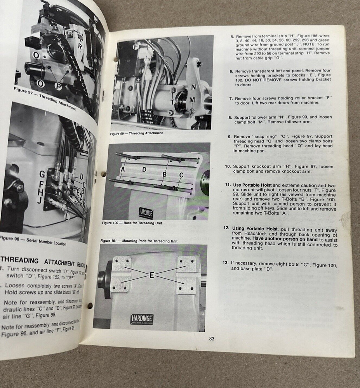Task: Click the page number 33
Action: pyautogui.click(x=212, y=338)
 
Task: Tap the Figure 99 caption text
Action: pyautogui.click(x=136, y=133)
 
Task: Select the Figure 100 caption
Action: pyautogui.click(x=132, y=223)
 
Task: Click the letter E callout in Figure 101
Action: pyautogui.click(x=152, y=275)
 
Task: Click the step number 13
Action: pyautogui.click(x=225, y=263)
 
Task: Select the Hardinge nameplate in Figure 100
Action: pyautogui.click(x=146, y=212)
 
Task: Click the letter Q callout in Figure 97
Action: pyautogui.click(x=36, y=55)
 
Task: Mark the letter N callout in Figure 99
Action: pyautogui.click(x=193, y=87)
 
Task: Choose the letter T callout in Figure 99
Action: pyautogui.click(x=172, y=102)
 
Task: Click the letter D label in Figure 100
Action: pyautogui.click(x=144, y=169)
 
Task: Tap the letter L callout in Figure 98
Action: pyautogui.click(x=67, y=217)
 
